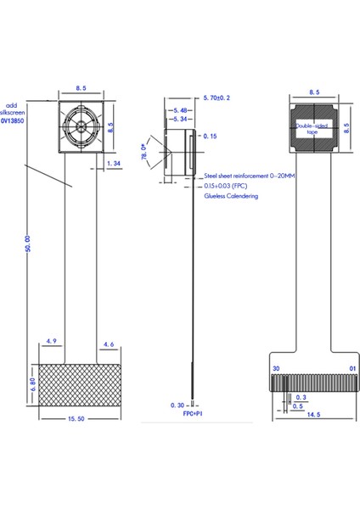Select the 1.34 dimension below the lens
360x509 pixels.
(x=115, y=163)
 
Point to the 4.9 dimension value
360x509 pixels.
(x=51, y=344)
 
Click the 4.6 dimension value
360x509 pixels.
(x=108, y=344)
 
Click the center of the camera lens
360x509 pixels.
(x=80, y=125)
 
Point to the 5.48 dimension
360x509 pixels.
(x=180, y=110)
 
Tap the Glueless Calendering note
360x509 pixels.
(x=231, y=195)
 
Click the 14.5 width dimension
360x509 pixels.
(x=315, y=415)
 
